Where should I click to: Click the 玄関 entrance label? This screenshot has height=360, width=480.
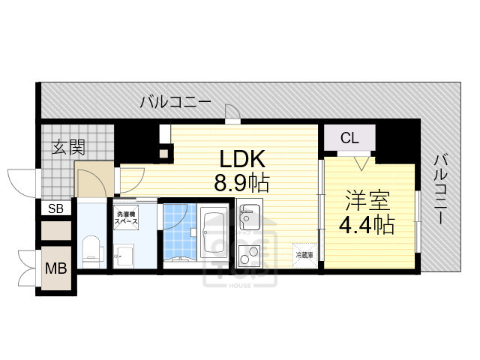pyautogui.click(x=68, y=146)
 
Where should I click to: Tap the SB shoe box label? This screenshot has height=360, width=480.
pyautogui.click(x=56, y=208)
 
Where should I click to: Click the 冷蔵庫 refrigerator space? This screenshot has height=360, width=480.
pyautogui.click(x=304, y=253)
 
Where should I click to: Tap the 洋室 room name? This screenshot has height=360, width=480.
pyautogui.click(x=368, y=200)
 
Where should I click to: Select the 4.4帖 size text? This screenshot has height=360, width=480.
pyautogui.click(x=368, y=225)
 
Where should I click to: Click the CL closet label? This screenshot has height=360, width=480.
pyautogui.click(x=349, y=138)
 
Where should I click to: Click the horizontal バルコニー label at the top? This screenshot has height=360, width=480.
pyautogui.click(x=175, y=103)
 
